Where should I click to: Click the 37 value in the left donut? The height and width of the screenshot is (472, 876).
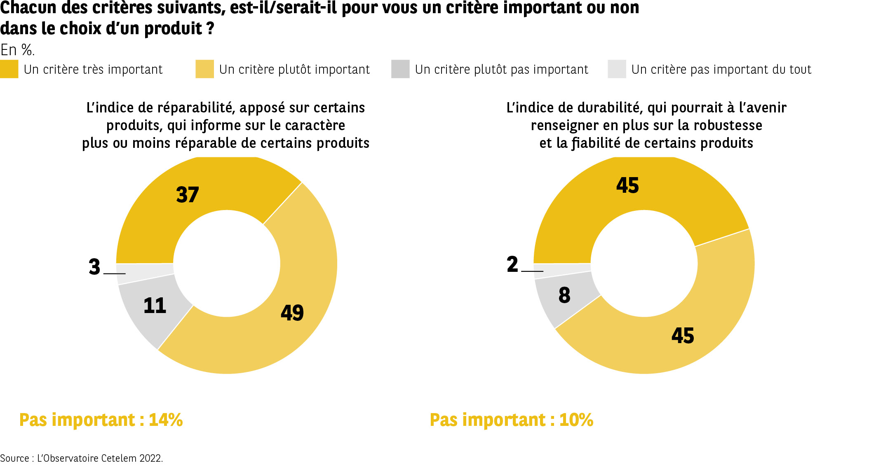(188, 195)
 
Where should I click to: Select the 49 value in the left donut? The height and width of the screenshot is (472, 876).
(292, 313)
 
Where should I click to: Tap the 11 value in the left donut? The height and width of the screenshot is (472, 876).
(155, 306)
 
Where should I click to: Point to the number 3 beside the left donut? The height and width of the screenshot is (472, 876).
(94, 267)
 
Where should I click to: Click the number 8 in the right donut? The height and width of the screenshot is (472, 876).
(564, 295)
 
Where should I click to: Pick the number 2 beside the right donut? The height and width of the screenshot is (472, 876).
(512, 264)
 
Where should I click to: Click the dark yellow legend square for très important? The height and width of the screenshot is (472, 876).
(9, 69)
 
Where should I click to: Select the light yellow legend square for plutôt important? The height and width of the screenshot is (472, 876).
(204, 69)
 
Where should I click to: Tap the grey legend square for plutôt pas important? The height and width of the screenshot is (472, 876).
(400, 69)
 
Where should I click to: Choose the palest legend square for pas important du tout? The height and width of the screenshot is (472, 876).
(617, 69)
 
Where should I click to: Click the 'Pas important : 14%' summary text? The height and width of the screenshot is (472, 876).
(101, 420)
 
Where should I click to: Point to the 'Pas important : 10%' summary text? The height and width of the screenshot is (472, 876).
(511, 420)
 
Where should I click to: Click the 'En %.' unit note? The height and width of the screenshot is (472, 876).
(17, 50)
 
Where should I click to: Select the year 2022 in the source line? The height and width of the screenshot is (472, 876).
(151, 458)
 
